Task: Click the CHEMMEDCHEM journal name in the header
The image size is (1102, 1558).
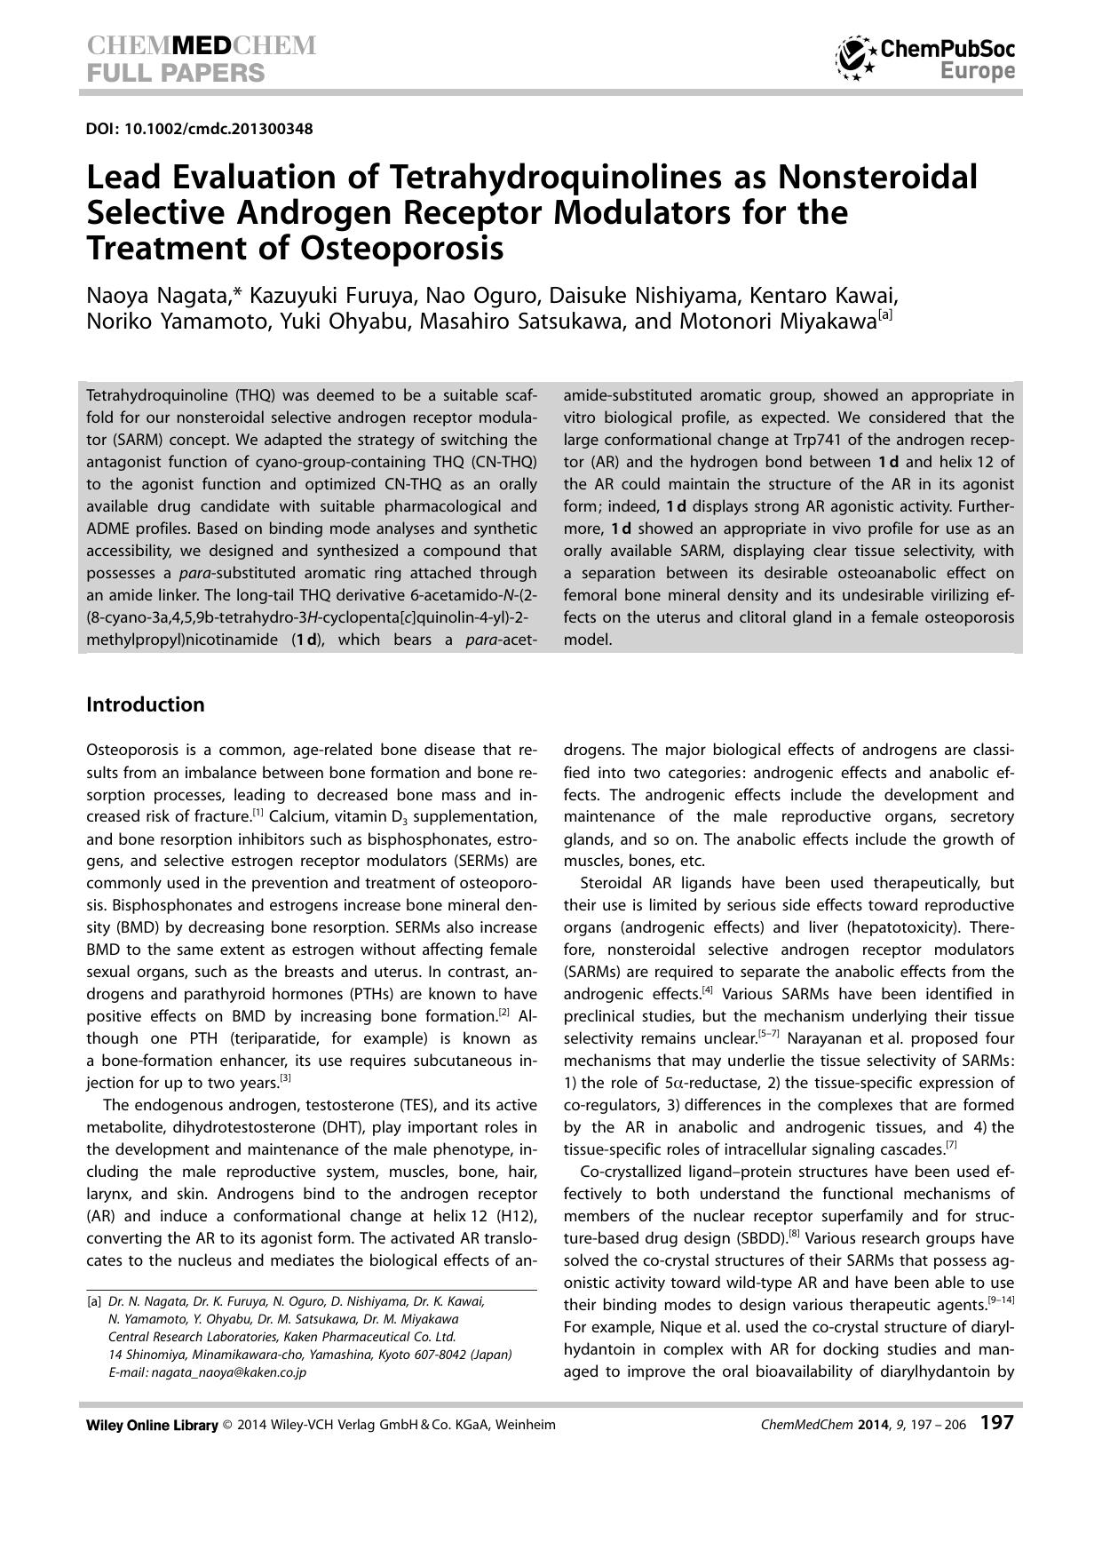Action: [x=201, y=46]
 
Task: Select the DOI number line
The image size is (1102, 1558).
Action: [x=199, y=129]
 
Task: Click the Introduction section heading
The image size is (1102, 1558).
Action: [x=146, y=704]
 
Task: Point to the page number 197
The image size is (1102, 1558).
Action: [x=996, y=1423]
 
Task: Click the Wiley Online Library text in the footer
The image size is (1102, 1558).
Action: [x=152, y=1425]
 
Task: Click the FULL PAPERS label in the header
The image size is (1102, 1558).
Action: [x=175, y=73]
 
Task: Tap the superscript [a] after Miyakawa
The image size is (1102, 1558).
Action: [x=885, y=315]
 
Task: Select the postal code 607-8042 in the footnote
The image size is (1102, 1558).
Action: [x=429, y=1355]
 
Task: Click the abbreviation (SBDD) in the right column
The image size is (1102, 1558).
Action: [x=749, y=1238]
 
